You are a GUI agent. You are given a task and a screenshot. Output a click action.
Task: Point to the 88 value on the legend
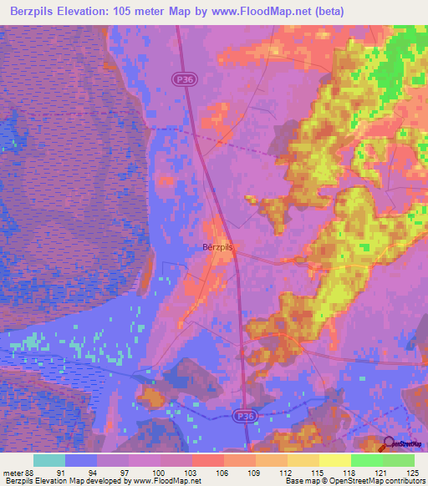tap(31, 473)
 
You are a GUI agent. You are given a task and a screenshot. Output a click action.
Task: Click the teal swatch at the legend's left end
tap(49, 460)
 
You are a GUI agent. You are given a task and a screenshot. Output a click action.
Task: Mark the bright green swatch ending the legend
tap(398, 460)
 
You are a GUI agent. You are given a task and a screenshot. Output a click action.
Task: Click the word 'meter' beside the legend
tap(12, 473)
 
